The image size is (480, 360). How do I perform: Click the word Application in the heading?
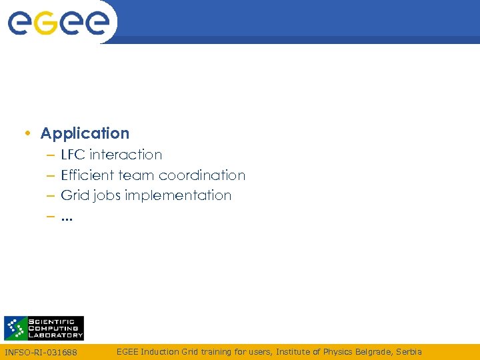pyautogui.click(x=85, y=133)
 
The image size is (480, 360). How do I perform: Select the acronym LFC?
pyautogui.click(x=73, y=155)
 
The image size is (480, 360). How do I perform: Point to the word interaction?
pyautogui.click(x=125, y=155)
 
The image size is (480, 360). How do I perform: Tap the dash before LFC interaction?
pyautogui.click(x=51, y=155)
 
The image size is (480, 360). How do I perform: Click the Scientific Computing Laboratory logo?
pyautogui.click(x=44, y=328)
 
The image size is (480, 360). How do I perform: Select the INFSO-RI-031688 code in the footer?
pyautogui.click(x=41, y=352)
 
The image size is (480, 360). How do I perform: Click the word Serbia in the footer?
pyautogui.click(x=408, y=351)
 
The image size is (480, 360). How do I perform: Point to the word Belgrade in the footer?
pyautogui.click(x=373, y=351)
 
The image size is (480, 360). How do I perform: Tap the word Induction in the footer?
pyautogui.click(x=159, y=351)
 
